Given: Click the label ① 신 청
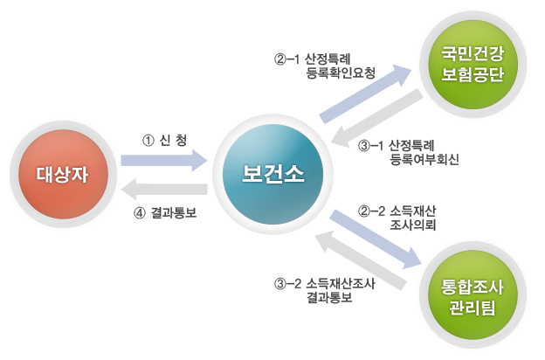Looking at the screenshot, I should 165,140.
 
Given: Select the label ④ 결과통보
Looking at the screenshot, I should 165,211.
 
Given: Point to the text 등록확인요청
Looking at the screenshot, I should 341,74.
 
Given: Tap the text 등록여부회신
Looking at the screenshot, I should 425,160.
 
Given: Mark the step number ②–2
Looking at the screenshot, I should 372,210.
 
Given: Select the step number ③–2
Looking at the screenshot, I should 288,282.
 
